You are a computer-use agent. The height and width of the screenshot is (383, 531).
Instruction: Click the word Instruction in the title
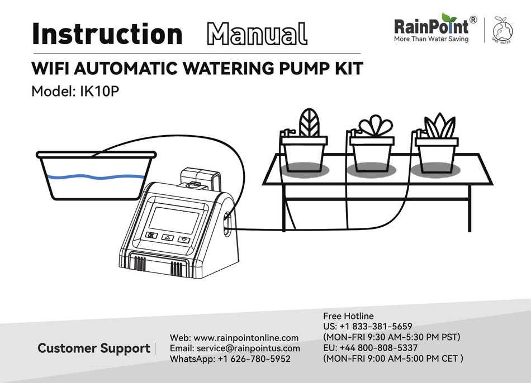tap(107, 34)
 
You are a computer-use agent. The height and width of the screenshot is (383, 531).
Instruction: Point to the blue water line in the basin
tap(95, 177)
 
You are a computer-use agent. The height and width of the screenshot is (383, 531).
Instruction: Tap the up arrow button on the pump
tap(168, 237)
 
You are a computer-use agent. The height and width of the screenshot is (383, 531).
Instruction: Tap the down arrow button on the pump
tap(184, 240)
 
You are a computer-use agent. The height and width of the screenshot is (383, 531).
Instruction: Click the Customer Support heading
tap(93, 348)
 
